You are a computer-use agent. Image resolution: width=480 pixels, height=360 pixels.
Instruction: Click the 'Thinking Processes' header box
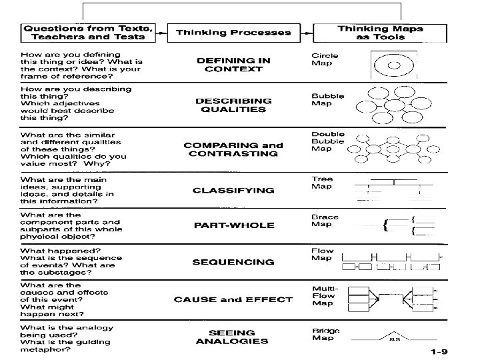pos(233,32)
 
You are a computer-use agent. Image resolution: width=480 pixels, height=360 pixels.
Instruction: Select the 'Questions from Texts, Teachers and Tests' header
pos(89,32)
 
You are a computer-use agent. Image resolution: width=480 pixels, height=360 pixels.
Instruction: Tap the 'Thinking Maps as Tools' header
pos(380,32)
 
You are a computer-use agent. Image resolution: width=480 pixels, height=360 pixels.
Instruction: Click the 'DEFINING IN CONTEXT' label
pos(233,64)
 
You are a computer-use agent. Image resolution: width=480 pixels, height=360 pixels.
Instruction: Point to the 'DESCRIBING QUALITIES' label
pos(233,105)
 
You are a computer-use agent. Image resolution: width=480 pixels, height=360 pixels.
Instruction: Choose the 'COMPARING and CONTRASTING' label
pos(233,149)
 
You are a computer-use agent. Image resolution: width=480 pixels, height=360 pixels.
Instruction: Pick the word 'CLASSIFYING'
pos(233,190)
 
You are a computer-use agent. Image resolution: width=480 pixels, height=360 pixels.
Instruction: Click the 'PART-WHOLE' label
pos(233,225)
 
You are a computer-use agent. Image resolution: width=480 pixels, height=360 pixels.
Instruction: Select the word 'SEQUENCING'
pos(233,262)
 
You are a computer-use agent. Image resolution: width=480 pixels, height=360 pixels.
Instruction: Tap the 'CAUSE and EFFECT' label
pos(233,299)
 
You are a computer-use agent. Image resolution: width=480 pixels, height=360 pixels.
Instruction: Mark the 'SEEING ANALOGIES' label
pos(233,337)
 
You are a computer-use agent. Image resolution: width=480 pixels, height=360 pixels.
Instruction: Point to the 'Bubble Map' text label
pos(327,99)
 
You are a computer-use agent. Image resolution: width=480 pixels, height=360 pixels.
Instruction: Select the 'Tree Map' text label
pos(322,183)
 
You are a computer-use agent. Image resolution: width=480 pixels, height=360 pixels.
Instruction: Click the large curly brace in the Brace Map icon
pos(386,226)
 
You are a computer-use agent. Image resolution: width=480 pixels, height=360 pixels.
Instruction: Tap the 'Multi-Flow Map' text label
pos(324,295)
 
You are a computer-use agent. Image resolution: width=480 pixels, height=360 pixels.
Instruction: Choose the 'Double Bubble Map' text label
pos(327,141)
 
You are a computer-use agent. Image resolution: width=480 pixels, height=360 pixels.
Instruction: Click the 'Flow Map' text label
pos(322,254)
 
